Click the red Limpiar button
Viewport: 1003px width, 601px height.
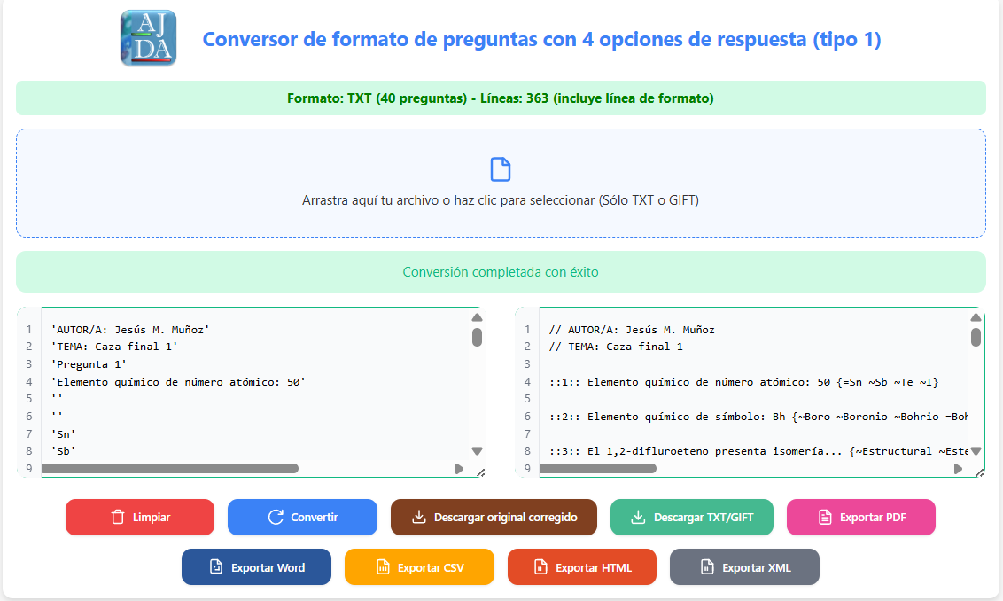click(x=139, y=517)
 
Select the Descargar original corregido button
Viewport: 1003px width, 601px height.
click(x=494, y=517)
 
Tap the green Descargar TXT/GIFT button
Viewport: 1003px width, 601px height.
click(x=691, y=517)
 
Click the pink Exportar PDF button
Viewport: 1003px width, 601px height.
click(x=861, y=517)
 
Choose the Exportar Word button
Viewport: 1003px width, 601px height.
click(x=256, y=567)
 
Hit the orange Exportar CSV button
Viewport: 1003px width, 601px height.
click(x=420, y=567)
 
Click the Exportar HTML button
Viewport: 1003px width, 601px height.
click(x=582, y=567)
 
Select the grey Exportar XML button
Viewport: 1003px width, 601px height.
click(x=744, y=567)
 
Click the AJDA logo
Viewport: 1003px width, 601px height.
click(x=148, y=38)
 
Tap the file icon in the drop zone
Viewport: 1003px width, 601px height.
click(x=501, y=169)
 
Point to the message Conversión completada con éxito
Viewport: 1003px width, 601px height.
click(x=501, y=272)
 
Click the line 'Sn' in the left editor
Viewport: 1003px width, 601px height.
click(x=63, y=434)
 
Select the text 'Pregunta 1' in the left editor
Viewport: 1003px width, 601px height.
click(x=89, y=364)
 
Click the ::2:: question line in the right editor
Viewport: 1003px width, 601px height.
click(x=758, y=417)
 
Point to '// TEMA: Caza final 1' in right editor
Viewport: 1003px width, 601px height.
click(x=616, y=347)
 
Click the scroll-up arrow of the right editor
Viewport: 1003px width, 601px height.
click(x=976, y=317)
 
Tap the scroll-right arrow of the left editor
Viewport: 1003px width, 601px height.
click(x=459, y=469)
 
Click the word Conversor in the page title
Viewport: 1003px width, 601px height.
click(x=250, y=39)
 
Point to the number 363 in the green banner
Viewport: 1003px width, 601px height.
click(x=537, y=98)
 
